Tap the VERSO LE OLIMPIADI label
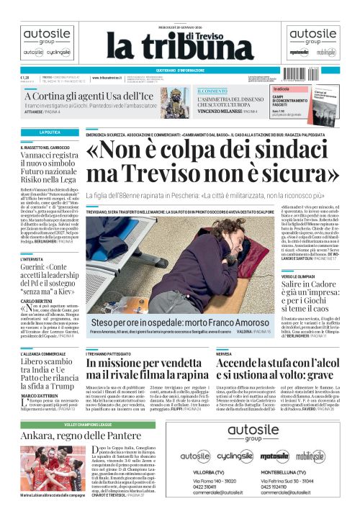click(299, 276)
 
